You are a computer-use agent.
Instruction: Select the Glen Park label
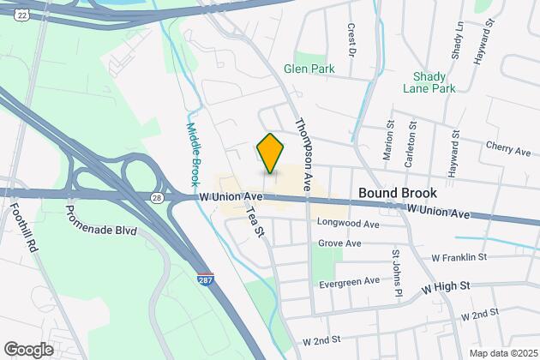311,69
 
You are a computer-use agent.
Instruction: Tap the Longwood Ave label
348,225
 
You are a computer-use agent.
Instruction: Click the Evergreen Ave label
349,280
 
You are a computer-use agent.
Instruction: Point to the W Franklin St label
459,256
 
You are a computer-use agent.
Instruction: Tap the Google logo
28,349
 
